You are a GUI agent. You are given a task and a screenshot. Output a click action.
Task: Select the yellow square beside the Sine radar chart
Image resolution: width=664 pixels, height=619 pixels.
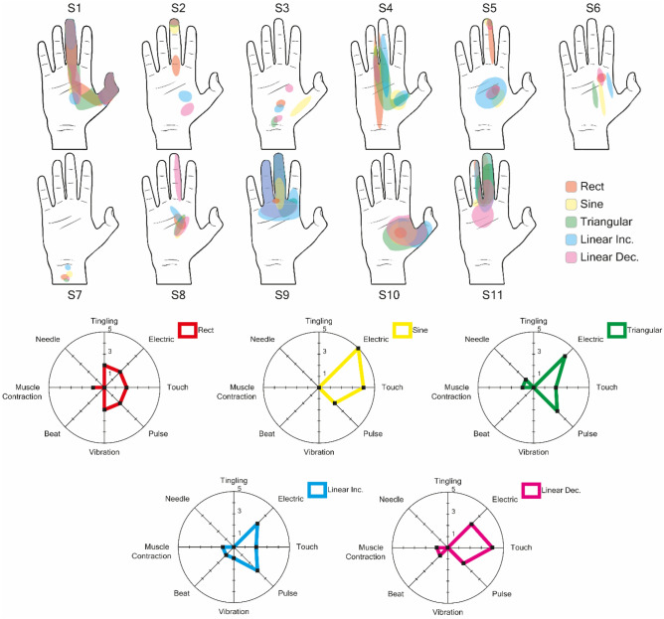402,329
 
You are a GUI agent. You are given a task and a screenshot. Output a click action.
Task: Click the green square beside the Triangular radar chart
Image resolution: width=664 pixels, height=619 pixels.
618,329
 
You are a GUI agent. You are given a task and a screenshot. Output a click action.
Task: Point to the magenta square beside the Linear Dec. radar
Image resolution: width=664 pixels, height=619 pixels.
531,490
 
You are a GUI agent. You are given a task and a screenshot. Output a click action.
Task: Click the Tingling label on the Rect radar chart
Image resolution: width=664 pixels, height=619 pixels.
105,321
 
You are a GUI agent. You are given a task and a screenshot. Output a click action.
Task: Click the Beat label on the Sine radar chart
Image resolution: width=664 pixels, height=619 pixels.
266,434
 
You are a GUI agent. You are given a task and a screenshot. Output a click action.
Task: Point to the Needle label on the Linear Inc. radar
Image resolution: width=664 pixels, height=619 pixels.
178,499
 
